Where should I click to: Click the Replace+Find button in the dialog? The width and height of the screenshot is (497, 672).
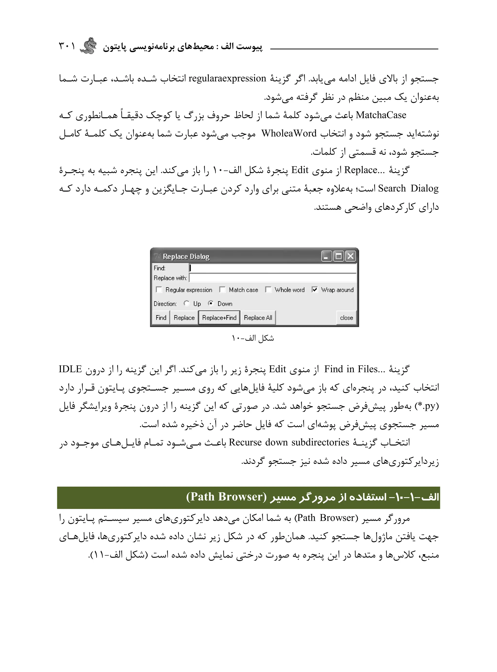click(219, 318)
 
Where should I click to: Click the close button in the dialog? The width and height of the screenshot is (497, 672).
click(346, 318)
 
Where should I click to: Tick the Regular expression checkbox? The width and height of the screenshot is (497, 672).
click(159, 290)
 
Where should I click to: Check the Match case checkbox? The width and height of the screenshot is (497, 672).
click(222, 290)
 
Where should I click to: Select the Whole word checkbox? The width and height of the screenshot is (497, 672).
click(268, 290)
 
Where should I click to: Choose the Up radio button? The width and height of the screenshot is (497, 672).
click(187, 303)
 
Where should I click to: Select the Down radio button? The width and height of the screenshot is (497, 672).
click(211, 303)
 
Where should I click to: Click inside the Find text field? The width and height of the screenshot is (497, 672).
click(272, 268)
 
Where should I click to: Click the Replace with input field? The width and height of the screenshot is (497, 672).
click(272, 278)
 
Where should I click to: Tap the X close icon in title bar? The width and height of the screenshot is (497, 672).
click(350, 256)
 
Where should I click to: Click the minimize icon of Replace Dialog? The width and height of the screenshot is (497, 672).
click(326, 256)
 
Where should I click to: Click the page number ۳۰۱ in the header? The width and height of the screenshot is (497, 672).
click(66, 47)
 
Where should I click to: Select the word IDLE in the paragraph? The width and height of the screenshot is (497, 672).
click(70, 369)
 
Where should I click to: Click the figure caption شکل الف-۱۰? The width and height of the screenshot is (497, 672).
click(253, 338)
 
